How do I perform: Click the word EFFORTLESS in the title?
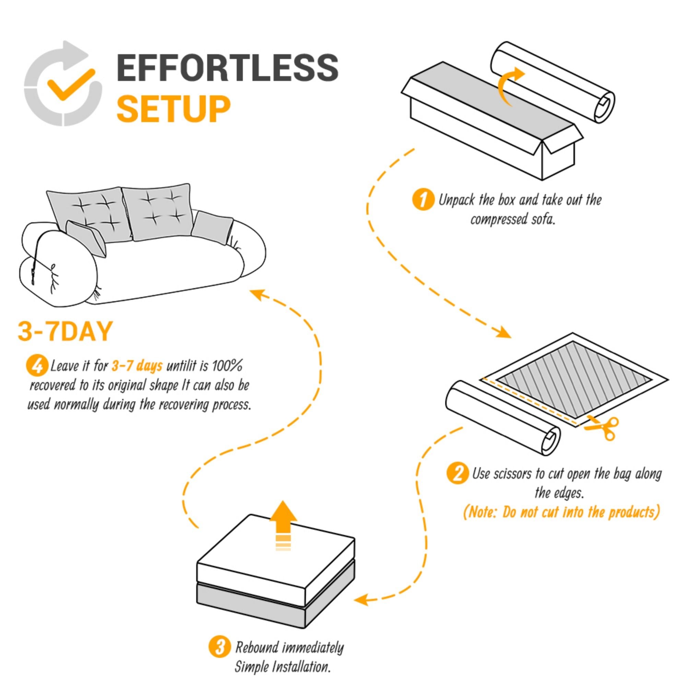coord(227,68)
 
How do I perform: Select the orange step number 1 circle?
coord(423,200)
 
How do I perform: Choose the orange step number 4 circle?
coord(37,366)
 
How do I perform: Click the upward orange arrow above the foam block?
coord(283,521)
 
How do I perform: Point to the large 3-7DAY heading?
coord(65,331)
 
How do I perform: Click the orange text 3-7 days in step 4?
coord(137,366)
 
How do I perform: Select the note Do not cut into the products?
coord(561,512)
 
